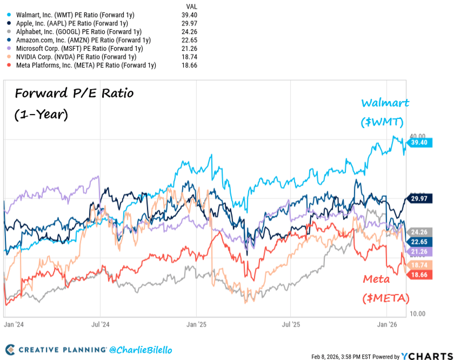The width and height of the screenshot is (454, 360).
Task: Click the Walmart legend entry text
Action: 75,15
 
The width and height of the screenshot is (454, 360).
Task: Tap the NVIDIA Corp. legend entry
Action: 76,57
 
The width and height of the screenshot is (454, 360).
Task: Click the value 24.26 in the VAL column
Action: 189,32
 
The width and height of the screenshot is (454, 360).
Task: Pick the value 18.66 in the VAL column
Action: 189,65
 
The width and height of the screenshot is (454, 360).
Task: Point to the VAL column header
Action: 191,6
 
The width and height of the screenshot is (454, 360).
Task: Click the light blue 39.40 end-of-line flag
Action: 419,142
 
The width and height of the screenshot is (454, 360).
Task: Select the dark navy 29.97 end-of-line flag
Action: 419,198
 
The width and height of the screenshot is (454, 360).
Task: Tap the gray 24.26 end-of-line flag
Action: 419,232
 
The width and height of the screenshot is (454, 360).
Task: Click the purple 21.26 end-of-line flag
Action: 419,251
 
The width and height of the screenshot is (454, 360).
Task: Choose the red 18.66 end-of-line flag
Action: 419,274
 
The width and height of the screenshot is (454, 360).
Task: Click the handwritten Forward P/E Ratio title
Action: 74,93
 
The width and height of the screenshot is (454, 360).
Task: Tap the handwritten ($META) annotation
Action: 386,298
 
